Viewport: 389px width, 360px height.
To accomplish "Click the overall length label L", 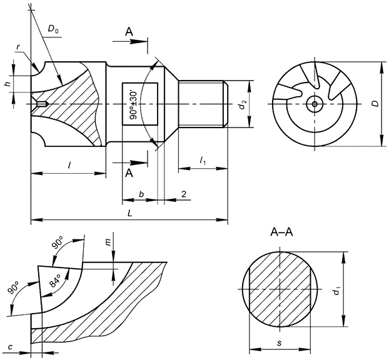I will [x=128, y=213].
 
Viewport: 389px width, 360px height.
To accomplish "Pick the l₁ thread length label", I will [x=203, y=161].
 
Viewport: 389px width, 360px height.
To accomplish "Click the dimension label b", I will [x=141, y=194].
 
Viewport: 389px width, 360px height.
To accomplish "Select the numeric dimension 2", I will [x=183, y=194].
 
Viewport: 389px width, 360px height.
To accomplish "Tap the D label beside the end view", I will [x=373, y=104].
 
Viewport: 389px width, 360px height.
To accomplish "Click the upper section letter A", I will [x=128, y=31].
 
